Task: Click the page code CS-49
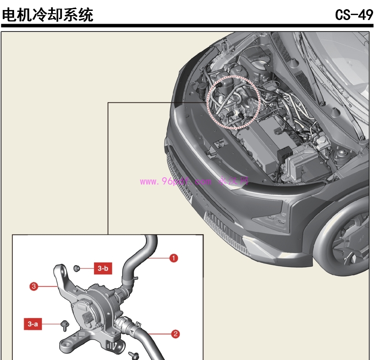354,15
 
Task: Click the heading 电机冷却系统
47,15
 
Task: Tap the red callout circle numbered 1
173,258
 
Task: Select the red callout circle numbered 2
175,334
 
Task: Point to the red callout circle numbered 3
33,287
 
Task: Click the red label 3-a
32,324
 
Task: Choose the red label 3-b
103,268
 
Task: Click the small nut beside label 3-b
77,268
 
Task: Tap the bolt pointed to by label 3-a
64,325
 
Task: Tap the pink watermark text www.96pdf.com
176,181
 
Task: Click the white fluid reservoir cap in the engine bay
322,143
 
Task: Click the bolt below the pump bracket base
134,355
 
